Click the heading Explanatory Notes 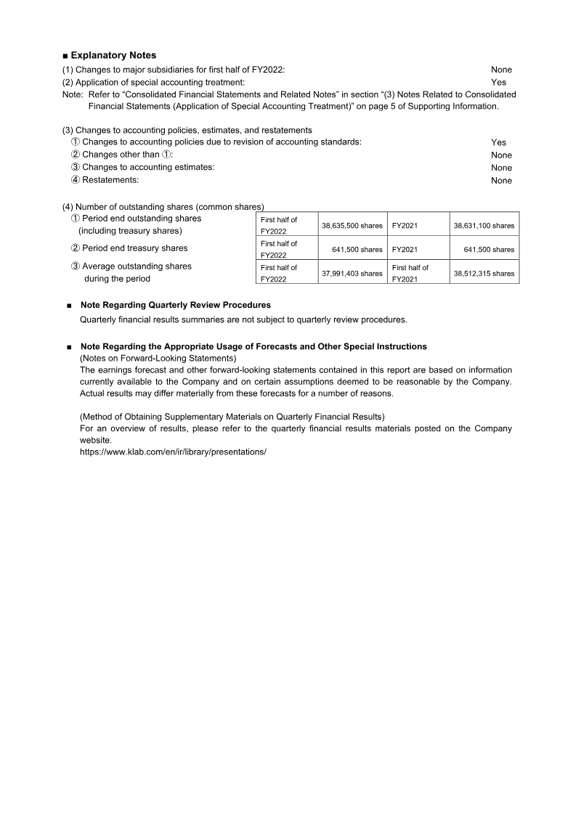(113, 55)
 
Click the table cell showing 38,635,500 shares (352, 226)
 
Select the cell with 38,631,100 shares (484, 226)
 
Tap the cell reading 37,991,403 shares (352, 274)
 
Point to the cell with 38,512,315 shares (484, 274)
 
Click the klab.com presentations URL (173, 452)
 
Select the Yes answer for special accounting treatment (498, 83)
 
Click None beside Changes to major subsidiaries (501, 70)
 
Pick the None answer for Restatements (501, 181)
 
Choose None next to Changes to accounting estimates (501, 168)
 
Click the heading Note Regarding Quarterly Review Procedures (175, 306)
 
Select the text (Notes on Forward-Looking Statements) (158, 358)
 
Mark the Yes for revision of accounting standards (498, 142)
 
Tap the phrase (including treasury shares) (130, 231)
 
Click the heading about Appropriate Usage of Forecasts (253, 346)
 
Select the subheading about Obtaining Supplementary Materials (232, 417)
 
